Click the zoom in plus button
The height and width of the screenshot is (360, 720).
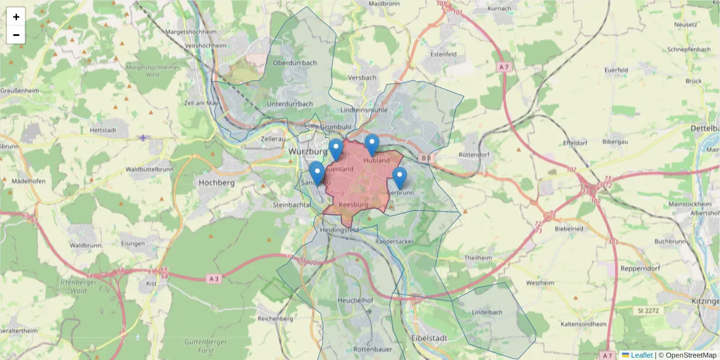16,17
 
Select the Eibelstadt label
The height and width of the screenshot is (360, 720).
429,338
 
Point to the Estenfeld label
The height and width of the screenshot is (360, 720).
443,54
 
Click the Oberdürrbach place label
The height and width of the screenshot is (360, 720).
294,62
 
